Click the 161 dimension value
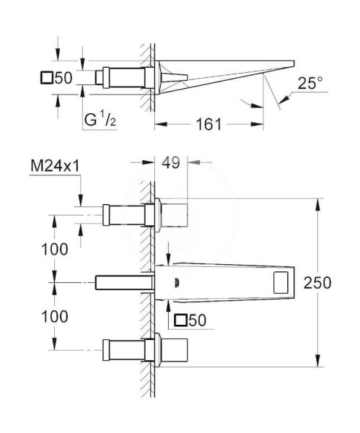point(208,124)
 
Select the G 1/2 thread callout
point(100,119)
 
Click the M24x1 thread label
point(55,166)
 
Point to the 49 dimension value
point(171,162)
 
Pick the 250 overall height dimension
point(317,283)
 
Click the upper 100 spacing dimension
point(55,249)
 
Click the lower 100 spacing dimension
point(55,317)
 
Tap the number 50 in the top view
point(63,78)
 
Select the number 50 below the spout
point(198,320)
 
